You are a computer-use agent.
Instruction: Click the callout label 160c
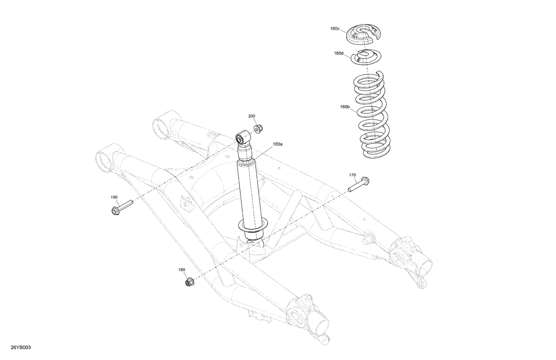pos(335,29)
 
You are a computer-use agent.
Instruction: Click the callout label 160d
pos(338,53)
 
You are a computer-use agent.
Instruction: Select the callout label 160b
pos(345,107)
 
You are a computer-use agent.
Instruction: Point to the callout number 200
pos(252,116)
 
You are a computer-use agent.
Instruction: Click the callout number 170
pos(352,175)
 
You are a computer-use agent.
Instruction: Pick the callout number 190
pos(114,197)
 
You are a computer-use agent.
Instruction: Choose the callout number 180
pos(182,270)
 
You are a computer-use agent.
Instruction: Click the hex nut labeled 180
pos(189,283)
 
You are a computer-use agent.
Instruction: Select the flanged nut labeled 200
pos(258,129)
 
